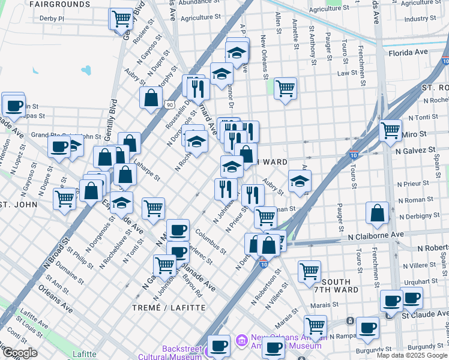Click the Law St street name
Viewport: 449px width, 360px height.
click(x=347, y=73)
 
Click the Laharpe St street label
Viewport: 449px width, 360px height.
click(x=146, y=169)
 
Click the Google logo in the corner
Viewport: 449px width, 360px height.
click(x=20, y=353)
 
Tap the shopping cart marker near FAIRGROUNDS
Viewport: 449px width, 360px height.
click(x=121, y=18)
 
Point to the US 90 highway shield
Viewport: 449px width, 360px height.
click(x=170, y=104)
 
